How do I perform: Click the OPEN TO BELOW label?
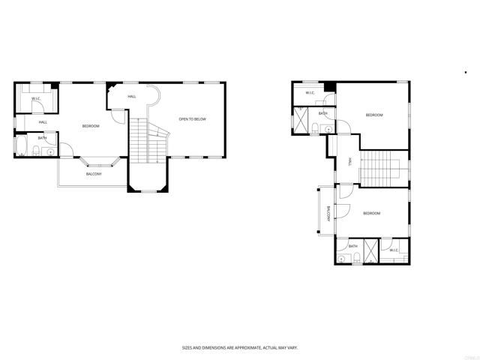(x=192, y=119)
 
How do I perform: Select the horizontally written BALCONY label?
(x=94, y=173)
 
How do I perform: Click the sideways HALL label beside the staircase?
(x=350, y=162)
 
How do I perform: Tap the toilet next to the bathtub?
(x=36, y=153)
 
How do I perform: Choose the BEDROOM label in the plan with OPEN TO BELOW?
(x=91, y=126)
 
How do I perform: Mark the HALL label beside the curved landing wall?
(x=132, y=97)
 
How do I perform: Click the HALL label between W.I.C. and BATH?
(x=43, y=122)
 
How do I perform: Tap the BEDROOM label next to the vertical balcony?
(x=371, y=214)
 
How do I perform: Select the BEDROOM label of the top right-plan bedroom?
(x=374, y=115)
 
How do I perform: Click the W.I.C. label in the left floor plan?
(x=35, y=99)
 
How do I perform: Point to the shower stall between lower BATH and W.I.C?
(x=373, y=251)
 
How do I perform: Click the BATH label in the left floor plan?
(x=43, y=138)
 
